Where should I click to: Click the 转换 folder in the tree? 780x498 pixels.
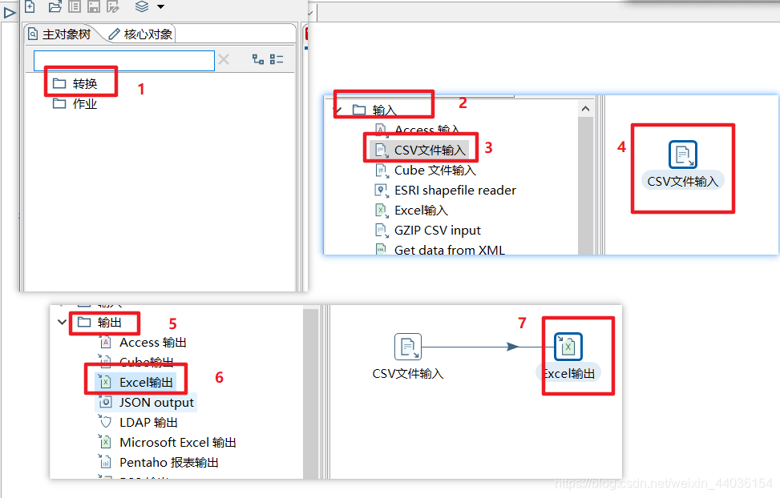point(84,83)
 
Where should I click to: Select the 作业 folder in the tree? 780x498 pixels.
point(84,103)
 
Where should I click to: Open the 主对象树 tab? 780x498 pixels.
point(60,34)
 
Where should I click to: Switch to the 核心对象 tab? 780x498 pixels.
point(140,34)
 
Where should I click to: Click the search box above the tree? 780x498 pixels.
point(124,60)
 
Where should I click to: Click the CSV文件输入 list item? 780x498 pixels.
point(430,150)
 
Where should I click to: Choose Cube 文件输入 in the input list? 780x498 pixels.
point(434,170)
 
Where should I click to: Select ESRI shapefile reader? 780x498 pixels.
point(455,190)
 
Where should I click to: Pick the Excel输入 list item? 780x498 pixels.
point(421,210)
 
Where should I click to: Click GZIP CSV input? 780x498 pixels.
point(437,230)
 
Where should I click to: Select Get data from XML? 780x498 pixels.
point(449,250)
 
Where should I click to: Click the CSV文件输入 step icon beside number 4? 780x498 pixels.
point(682,155)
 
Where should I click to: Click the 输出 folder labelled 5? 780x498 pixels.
point(109,323)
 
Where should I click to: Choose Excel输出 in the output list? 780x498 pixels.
point(146,382)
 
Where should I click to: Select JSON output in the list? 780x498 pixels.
point(156,402)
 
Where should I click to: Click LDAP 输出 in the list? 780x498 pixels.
point(148,422)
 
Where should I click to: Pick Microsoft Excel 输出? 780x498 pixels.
point(177,442)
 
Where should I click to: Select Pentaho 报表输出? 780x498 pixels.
point(168,462)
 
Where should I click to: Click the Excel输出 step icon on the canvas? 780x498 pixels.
point(568,347)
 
